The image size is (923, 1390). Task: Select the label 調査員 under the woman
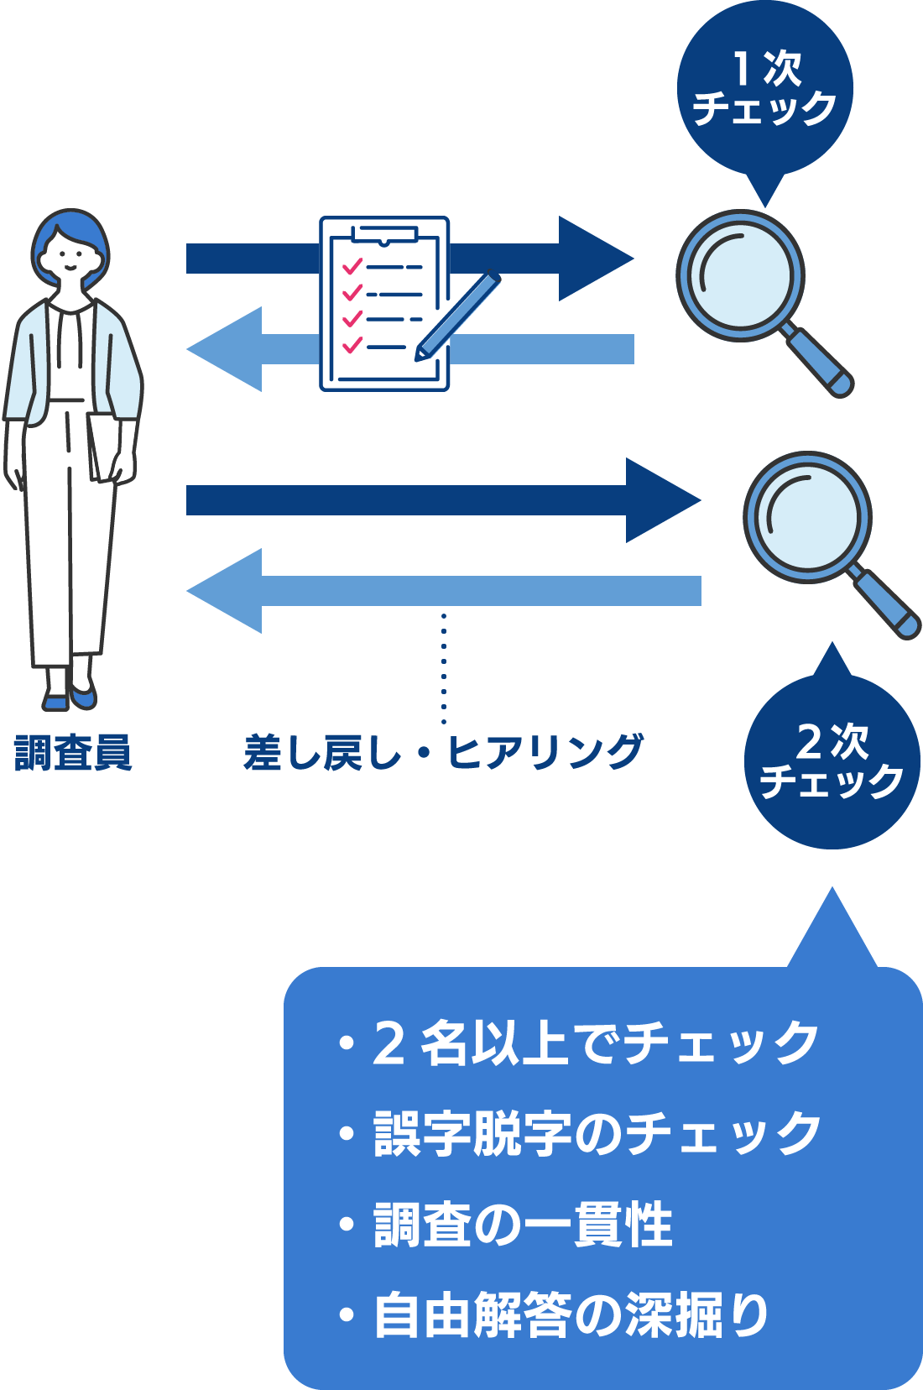pyautogui.click(x=73, y=752)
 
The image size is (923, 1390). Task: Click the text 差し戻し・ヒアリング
pyautogui.click(x=443, y=752)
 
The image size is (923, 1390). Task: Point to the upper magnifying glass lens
pyautogui.click(x=740, y=274)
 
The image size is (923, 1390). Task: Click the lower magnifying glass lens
pyautogui.click(x=807, y=516)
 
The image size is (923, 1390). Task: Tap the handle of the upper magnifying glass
pyautogui.click(x=820, y=363)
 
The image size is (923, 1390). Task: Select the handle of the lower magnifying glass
pyautogui.click(x=888, y=604)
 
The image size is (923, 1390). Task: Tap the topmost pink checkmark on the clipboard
pyautogui.click(x=352, y=266)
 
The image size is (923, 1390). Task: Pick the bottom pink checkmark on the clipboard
pyautogui.click(x=352, y=344)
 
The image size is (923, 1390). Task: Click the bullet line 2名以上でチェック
pyautogui.click(x=579, y=1042)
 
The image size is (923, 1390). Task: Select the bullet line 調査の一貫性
pyautogui.click(x=507, y=1224)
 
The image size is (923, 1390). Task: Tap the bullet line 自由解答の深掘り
pyautogui.click(x=555, y=1314)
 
